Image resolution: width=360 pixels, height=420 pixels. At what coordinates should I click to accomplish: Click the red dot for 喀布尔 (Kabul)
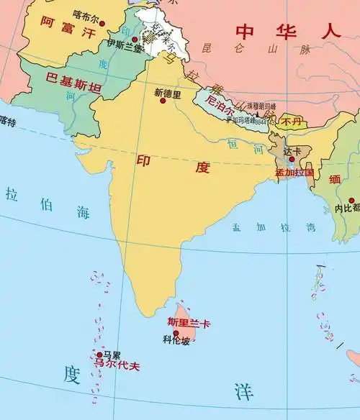coord(102,24)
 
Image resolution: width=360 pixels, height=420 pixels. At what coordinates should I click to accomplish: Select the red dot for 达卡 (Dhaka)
coord(292,160)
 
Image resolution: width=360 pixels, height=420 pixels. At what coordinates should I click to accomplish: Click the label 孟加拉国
coord(294,173)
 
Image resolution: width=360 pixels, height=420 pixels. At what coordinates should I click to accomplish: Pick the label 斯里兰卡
coord(189,323)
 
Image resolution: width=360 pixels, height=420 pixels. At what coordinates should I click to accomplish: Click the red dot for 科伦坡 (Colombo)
coord(175,333)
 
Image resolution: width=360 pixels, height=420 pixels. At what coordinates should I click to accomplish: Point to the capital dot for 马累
coord(99,355)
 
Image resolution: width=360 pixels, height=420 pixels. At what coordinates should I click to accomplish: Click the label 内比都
coord(347,209)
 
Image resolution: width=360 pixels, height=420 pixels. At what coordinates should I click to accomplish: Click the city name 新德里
coord(168,93)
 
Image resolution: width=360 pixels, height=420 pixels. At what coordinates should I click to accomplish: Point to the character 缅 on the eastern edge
coord(336,179)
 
